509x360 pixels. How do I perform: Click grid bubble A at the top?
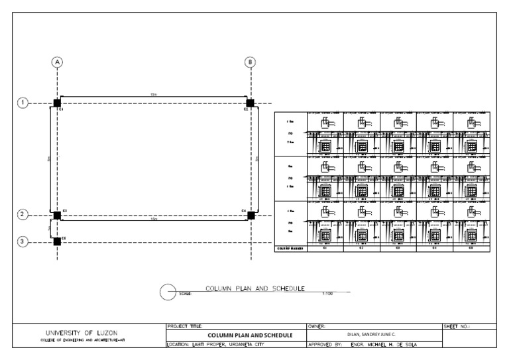click(x=58, y=62)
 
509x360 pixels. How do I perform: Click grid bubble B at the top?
click(x=250, y=62)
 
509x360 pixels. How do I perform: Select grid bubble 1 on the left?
click(x=23, y=103)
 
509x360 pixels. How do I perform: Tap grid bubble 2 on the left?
click(x=23, y=215)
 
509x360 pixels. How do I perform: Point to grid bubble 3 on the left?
click(x=23, y=241)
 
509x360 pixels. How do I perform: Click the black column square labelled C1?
click(x=58, y=103)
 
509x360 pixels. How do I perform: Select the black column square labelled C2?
click(x=250, y=103)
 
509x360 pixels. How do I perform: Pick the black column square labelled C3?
click(x=58, y=215)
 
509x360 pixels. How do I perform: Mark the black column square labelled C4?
click(x=250, y=215)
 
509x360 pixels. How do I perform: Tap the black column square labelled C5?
click(x=58, y=241)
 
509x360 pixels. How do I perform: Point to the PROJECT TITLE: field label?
click(x=186, y=326)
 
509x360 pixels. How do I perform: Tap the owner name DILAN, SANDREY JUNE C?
click(x=374, y=335)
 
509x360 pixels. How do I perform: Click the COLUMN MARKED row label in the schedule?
click(x=290, y=248)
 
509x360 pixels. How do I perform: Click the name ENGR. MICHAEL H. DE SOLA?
click(x=388, y=345)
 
